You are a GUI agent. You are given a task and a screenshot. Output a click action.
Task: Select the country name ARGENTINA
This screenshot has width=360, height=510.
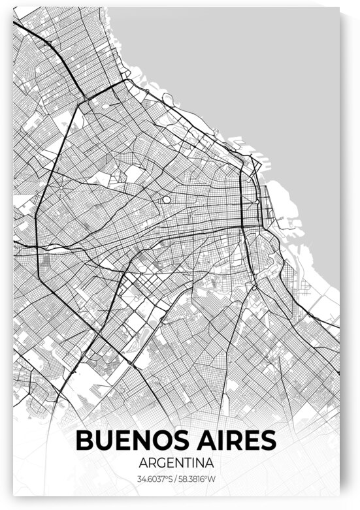click(x=176, y=463)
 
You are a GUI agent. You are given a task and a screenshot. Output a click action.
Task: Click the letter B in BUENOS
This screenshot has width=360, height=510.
click(x=86, y=440)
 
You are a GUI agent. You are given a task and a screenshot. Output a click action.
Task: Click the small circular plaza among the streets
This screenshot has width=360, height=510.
click(x=166, y=199)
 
